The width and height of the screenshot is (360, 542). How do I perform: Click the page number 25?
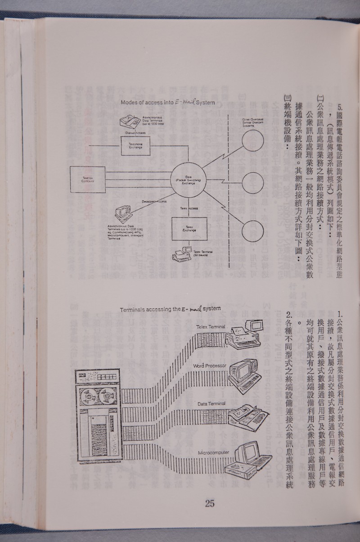pyautogui.click(x=210, y=503)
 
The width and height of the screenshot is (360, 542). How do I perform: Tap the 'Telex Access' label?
pyautogui.click(x=190, y=209)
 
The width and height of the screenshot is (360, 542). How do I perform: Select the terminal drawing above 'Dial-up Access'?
pyautogui.click(x=130, y=122)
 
